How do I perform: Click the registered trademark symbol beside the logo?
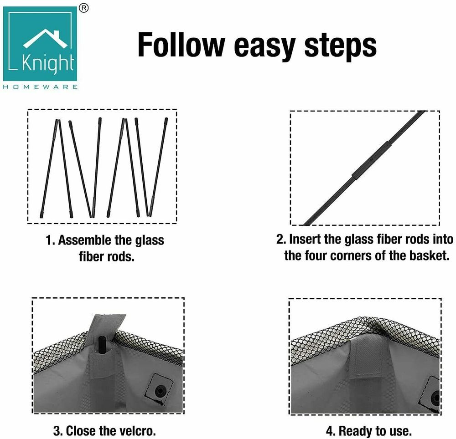pyautogui.click(x=84, y=8)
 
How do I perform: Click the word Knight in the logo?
pyautogui.click(x=48, y=63)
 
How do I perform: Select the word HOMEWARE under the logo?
pyautogui.click(x=41, y=87)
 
